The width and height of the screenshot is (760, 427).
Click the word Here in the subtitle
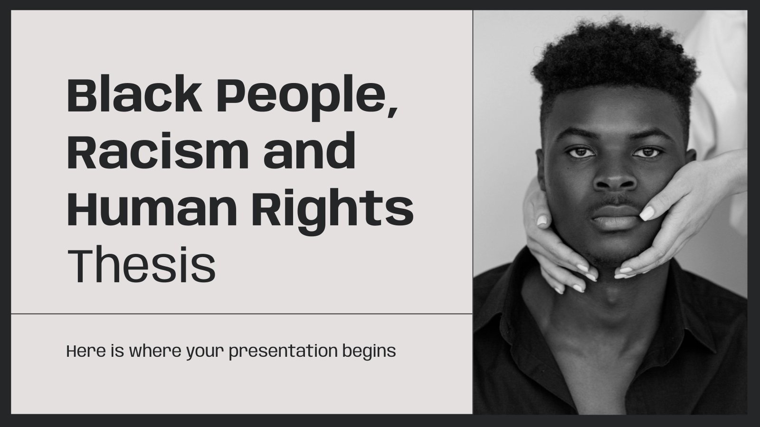(82, 352)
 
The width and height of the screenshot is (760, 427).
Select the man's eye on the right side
(646, 152)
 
